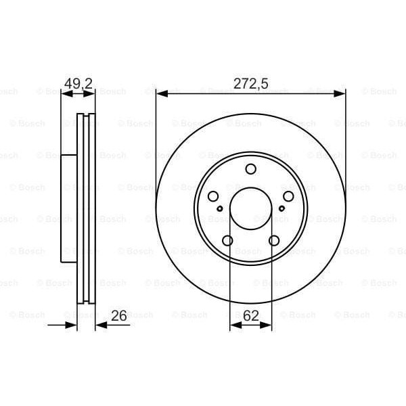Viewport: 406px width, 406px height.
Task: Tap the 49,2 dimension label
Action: click(x=78, y=85)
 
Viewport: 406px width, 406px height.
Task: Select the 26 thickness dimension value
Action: click(x=119, y=316)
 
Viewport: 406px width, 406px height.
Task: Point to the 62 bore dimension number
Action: click(x=251, y=316)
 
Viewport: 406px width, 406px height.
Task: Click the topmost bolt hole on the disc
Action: click(x=250, y=169)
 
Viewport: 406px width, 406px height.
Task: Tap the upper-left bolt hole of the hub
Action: click(x=213, y=196)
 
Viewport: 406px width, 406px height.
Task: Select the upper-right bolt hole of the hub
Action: click(x=288, y=196)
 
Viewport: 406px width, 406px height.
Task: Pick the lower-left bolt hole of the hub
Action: click(x=227, y=240)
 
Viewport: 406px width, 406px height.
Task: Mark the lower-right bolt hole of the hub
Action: click(x=274, y=240)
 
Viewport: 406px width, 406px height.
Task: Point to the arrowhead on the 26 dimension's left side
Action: click(x=72, y=325)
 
